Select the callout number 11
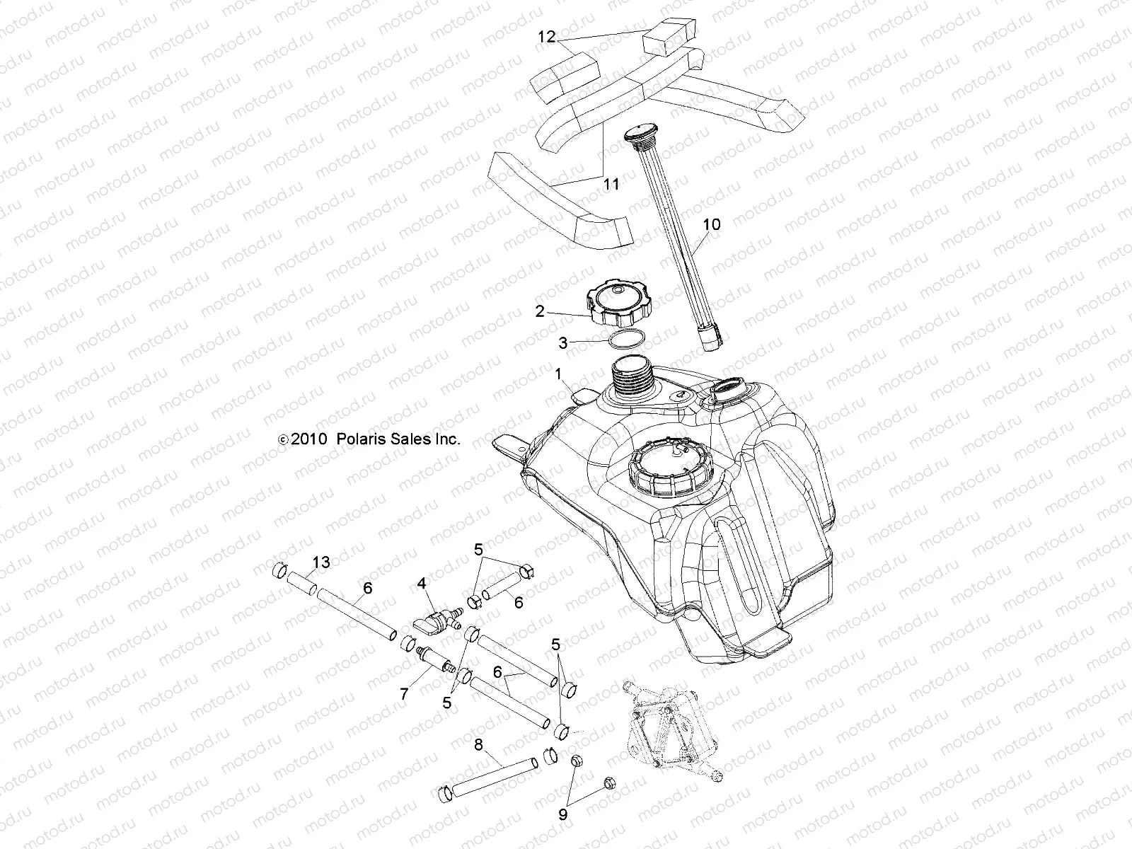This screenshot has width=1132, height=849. click(x=612, y=185)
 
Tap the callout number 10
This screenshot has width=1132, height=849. click(x=711, y=224)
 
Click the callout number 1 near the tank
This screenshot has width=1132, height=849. click(x=559, y=373)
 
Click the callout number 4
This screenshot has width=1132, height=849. click(x=422, y=584)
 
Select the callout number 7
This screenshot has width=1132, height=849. click(x=404, y=694)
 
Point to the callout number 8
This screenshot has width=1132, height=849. click(x=478, y=744)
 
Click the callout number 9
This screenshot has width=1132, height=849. click(x=563, y=814)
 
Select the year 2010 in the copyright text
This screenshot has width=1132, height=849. click(x=307, y=439)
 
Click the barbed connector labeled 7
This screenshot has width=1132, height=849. click(x=432, y=661)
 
